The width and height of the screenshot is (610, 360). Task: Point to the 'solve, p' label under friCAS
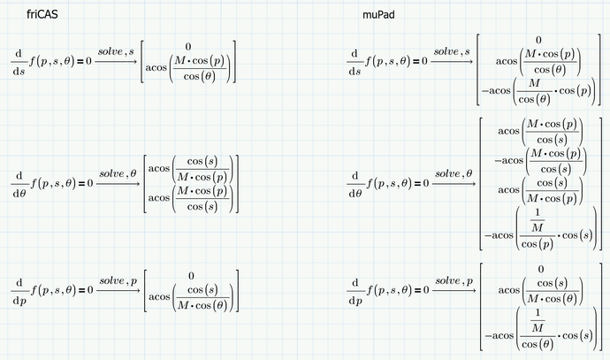pos(118,280)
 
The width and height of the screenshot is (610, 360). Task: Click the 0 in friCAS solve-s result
pos(188,45)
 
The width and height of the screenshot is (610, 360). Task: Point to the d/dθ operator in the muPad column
pos(355,184)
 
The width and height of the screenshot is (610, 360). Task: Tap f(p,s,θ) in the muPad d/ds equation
pos(390,61)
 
